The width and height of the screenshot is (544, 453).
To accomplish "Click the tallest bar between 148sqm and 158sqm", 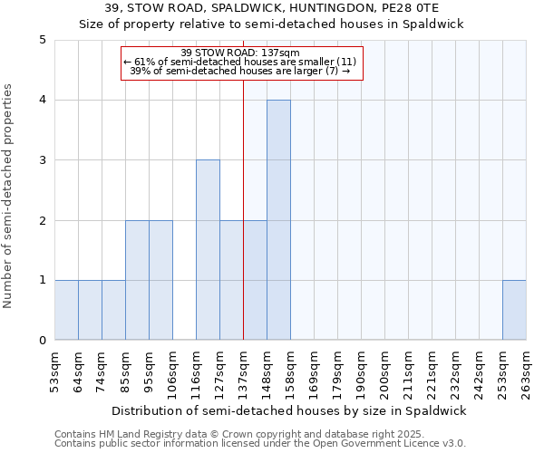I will click(x=278, y=220).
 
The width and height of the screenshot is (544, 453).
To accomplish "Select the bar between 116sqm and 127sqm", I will click(x=208, y=250).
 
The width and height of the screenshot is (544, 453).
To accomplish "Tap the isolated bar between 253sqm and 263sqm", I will click(x=514, y=310).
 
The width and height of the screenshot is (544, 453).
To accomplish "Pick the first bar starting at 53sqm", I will click(x=66, y=310).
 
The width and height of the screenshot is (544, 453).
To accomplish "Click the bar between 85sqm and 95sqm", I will click(x=137, y=280).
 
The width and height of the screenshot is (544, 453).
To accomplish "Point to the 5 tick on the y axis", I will click(x=43, y=40).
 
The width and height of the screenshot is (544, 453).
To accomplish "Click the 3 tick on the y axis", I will click(x=43, y=160).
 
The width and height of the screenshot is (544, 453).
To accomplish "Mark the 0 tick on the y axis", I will click(x=43, y=341).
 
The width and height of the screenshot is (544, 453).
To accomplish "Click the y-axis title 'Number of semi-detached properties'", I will click(x=9, y=196).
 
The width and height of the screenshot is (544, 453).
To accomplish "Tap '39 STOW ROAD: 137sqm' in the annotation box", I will click(x=241, y=53).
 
